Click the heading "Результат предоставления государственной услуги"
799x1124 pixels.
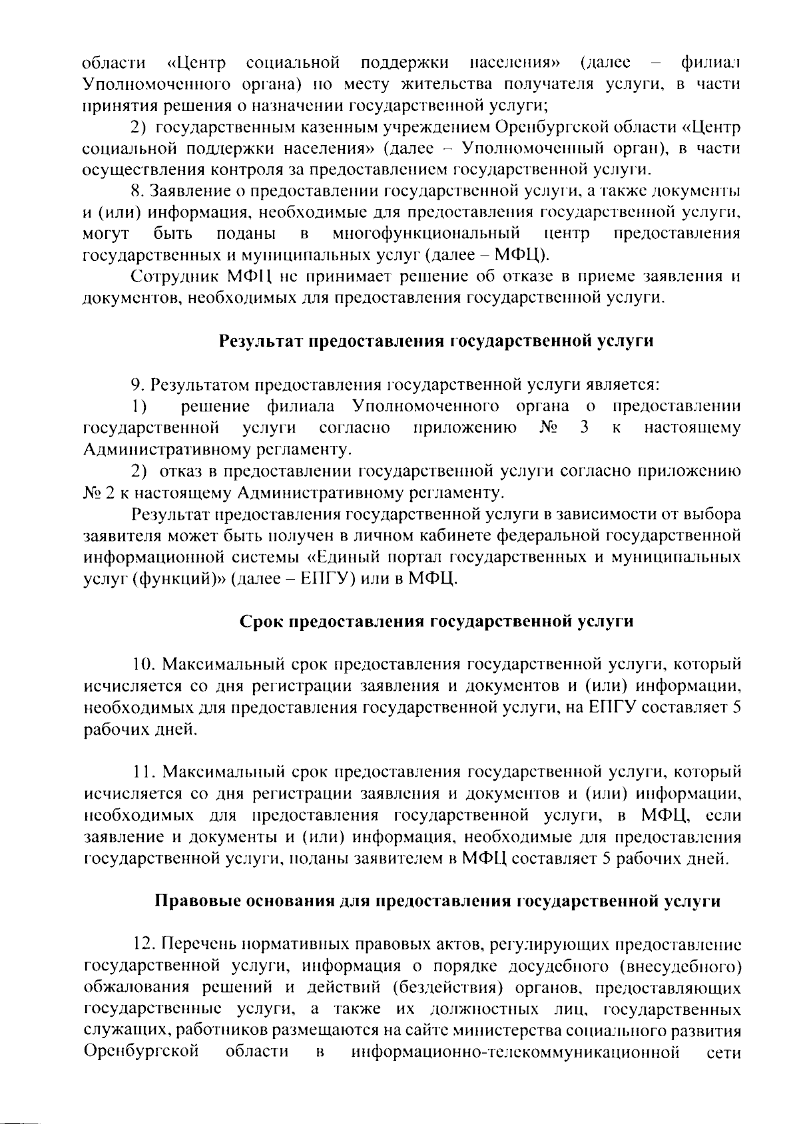436,341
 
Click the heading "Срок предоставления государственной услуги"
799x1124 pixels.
436,622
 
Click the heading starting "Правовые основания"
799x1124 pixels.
437,902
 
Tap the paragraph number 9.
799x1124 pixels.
138,385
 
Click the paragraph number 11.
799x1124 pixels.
142,773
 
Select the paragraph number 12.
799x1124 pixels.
144,945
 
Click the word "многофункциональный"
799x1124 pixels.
426,234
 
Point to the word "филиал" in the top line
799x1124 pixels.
710,63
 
